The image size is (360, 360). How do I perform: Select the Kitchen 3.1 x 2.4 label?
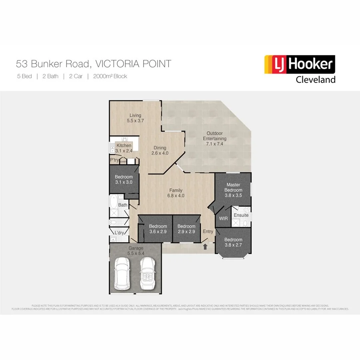[x=124, y=148]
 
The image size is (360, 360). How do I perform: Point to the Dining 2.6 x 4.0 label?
[x=160, y=150]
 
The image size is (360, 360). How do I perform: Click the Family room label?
[x=176, y=193]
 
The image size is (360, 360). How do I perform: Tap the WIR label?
[x=223, y=219]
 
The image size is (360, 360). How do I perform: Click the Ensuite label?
[x=241, y=215]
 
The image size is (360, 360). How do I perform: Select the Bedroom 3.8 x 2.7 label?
[x=233, y=242]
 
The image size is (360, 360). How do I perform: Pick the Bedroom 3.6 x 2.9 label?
[x=158, y=229]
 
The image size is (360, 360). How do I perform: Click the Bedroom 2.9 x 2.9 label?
[x=186, y=229]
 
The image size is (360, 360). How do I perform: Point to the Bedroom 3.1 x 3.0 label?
[x=124, y=180]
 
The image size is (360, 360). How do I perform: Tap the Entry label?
[x=208, y=232]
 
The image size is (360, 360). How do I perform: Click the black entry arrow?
[x=205, y=247]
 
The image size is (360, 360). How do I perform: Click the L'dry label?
[x=119, y=233]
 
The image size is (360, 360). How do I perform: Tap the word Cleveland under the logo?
[x=315, y=80]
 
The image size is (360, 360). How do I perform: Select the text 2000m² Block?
[x=110, y=76]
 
